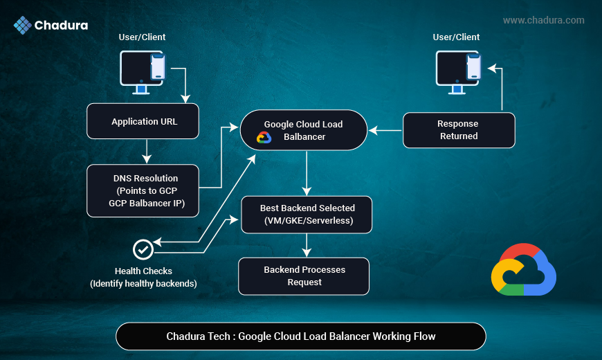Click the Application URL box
(143, 121)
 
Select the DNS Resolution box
(143, 190)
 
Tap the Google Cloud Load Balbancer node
(303, 130)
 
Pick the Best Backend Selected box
(307, 214)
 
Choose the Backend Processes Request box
(304, 276)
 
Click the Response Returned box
(459, 130)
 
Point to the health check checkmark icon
(143, 249)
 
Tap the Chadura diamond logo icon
(22, 26)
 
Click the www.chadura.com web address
(543, 20)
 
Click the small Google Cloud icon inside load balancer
(264, 137)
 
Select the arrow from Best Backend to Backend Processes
(307, 245)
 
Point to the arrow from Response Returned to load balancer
(385, 129)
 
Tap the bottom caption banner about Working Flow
(301, 336)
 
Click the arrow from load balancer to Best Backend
(307, 173)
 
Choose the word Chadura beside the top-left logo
(63, 26)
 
